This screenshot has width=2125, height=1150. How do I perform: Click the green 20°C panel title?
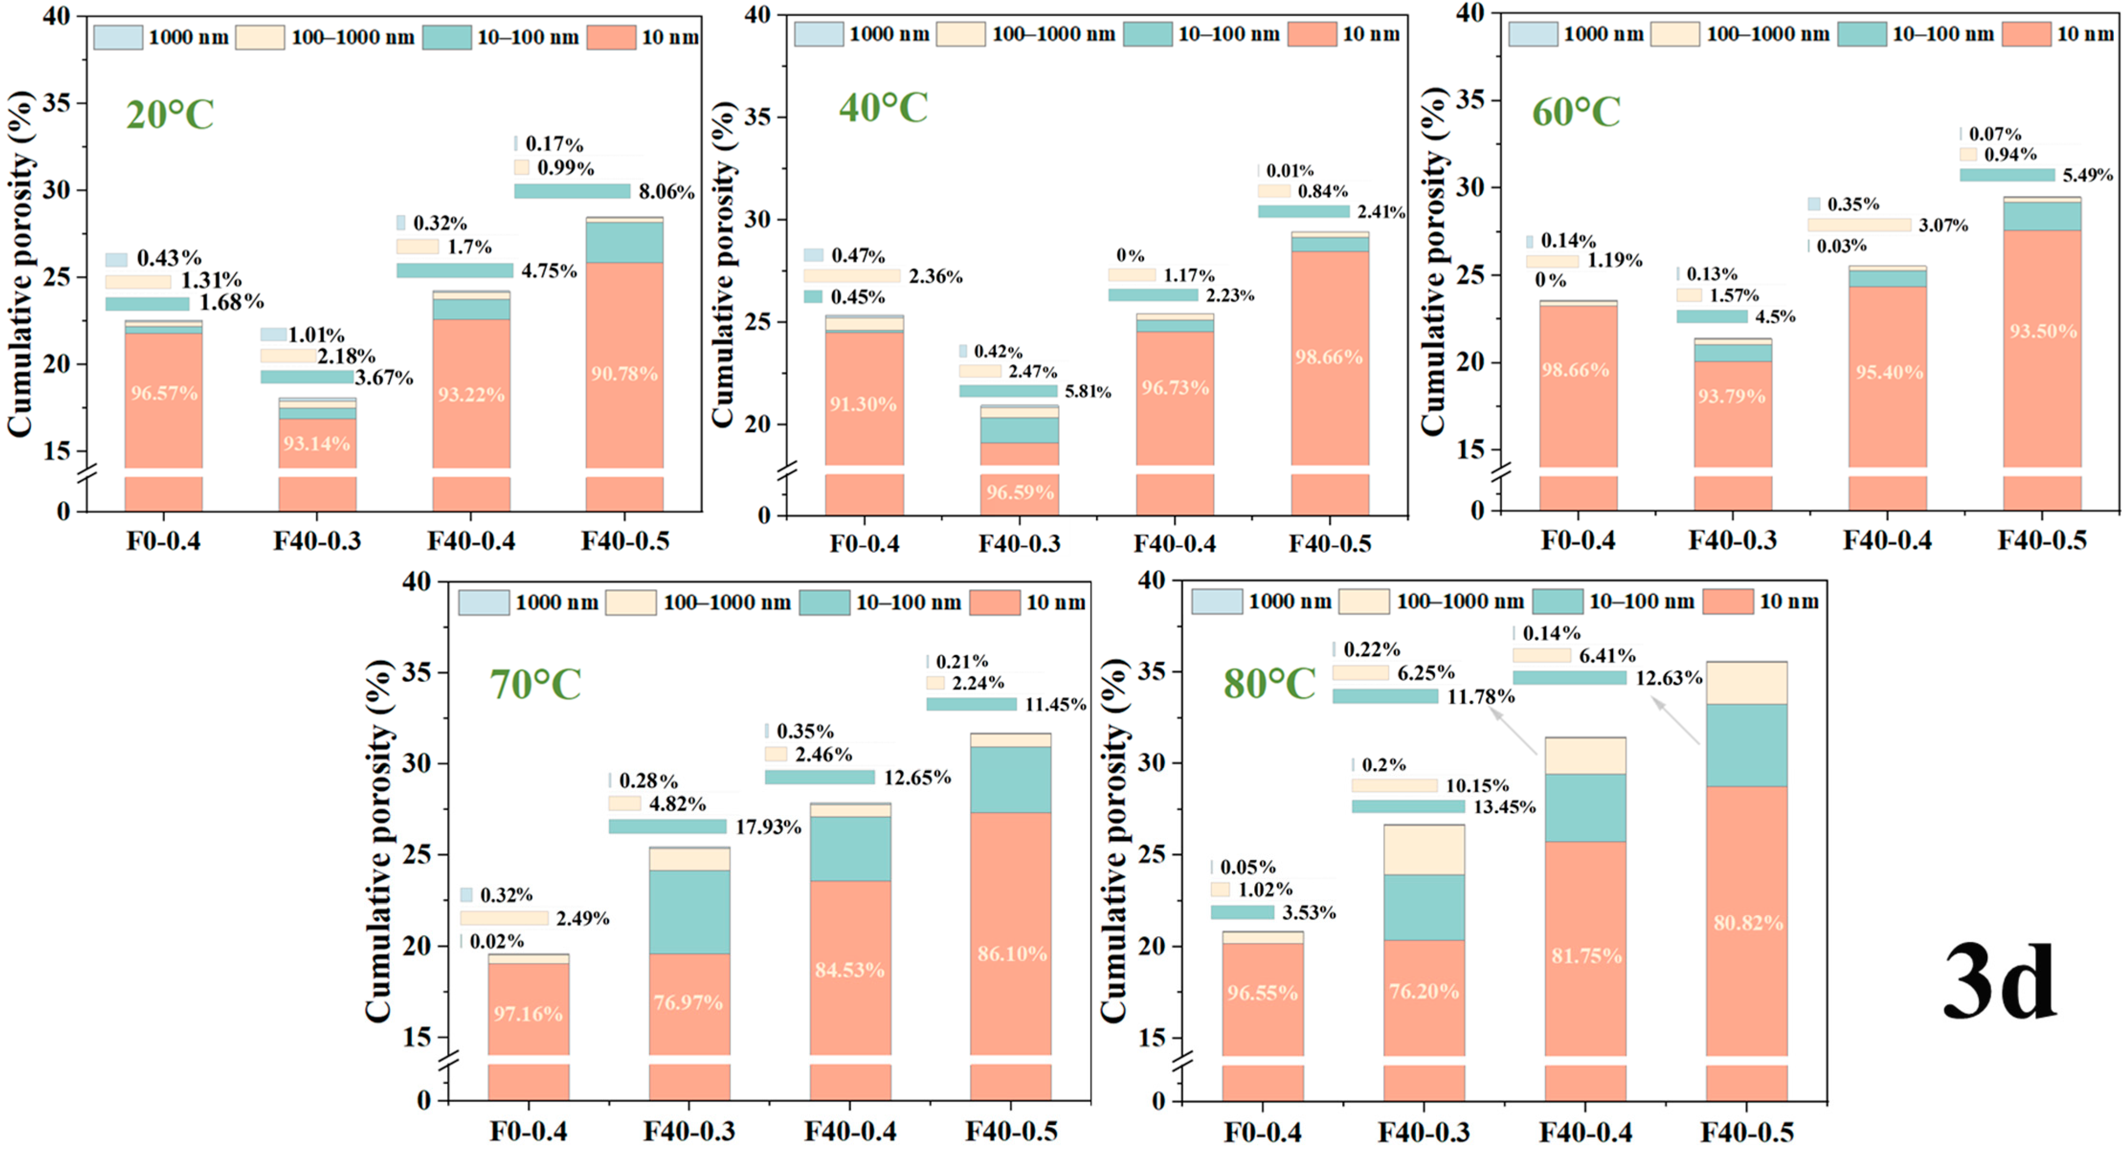(x=170, y=115)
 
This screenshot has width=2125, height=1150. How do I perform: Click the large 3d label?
(x=2000, y=983)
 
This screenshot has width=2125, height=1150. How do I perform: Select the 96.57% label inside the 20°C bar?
(x=164, y=393)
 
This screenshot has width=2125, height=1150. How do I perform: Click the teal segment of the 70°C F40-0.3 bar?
(x=689, y=912)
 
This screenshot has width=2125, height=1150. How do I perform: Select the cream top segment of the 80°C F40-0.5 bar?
(x=1747, y=683)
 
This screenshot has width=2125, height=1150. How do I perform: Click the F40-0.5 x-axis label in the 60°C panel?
(x=2042, y=541)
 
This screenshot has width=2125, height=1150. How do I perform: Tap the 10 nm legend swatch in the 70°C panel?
(x=994, y=602)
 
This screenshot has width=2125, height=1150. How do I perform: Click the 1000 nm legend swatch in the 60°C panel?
(x=1533, y=34)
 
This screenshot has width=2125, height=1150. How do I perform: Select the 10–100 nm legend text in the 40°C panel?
(x=1228, y=34)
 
